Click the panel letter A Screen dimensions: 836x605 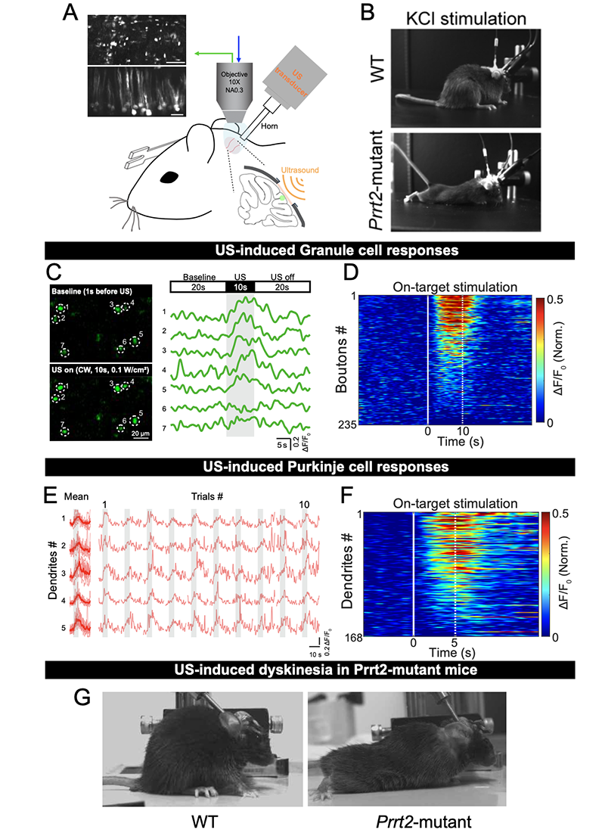(x=72, y=14)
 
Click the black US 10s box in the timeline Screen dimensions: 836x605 (x=240, y=287)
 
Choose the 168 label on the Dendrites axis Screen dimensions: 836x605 (x=346, y=637)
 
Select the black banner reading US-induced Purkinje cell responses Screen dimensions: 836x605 (x=302, y=467)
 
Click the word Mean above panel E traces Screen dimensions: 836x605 (x=77, y=497)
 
